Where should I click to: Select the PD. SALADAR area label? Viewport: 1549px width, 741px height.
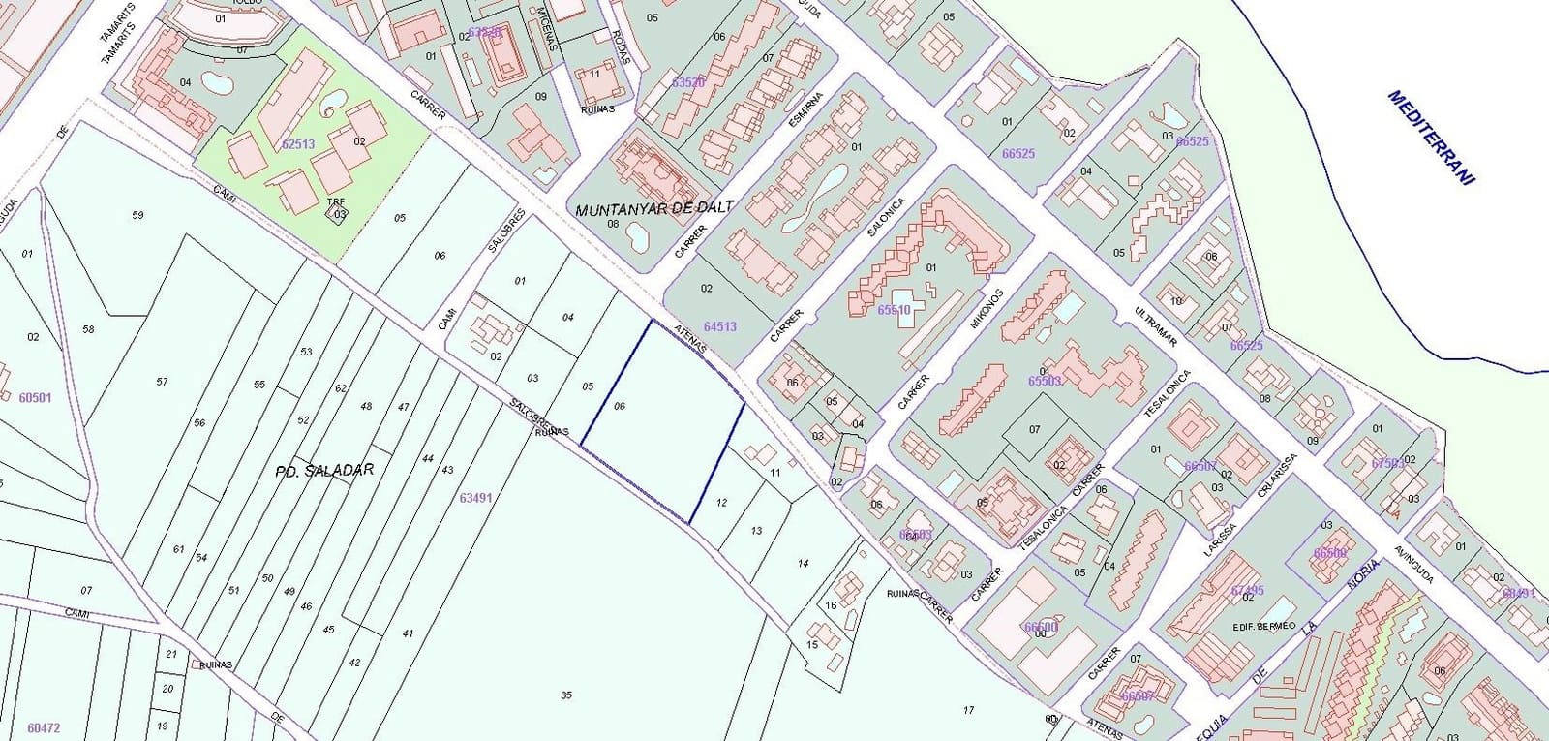324,470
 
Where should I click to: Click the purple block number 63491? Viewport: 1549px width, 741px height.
475,498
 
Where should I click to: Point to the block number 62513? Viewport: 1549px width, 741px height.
298,143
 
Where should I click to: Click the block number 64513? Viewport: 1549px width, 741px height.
720,326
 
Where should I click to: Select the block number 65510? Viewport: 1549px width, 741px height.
894,310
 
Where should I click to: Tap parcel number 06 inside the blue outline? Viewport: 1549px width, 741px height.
620,406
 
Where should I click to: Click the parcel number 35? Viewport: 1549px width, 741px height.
566,695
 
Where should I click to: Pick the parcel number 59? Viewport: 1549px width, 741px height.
137,215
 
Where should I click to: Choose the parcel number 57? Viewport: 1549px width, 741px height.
162,382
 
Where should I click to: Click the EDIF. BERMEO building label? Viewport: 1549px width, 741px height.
1263,626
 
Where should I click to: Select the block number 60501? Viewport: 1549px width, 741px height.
35,397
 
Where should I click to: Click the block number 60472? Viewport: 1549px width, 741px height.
44,727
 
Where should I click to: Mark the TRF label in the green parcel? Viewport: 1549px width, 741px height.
336,202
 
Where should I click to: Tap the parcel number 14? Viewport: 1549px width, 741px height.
803,563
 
